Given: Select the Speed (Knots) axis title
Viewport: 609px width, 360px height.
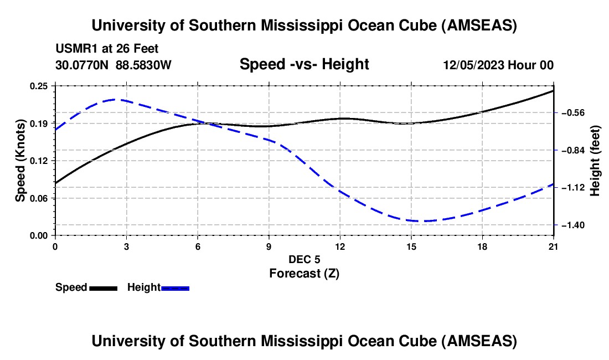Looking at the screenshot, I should click(20, 161).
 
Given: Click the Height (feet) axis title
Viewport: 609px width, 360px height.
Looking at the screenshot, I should click(595, 161).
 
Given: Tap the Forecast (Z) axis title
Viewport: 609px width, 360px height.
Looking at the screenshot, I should click(304, 273).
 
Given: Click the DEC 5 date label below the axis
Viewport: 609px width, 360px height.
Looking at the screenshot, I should click(304, 259).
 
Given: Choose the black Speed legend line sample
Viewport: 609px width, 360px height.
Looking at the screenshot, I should click(104, 287).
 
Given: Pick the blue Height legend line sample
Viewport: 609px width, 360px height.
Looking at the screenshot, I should click(176, 287).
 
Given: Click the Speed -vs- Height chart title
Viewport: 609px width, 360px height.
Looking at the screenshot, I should click(304, 64).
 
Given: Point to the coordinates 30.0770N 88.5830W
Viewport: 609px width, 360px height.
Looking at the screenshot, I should click(113, 65).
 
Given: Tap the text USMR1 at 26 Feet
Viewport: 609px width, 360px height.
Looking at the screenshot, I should click(107, 49).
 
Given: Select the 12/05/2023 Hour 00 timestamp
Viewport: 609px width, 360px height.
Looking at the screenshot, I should click(498, 65).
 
